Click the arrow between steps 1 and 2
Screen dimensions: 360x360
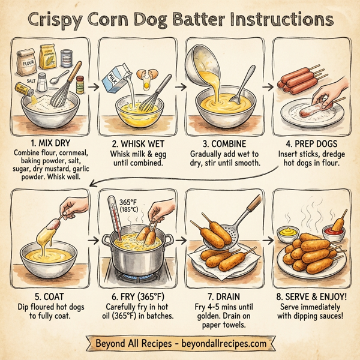[92, 86]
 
